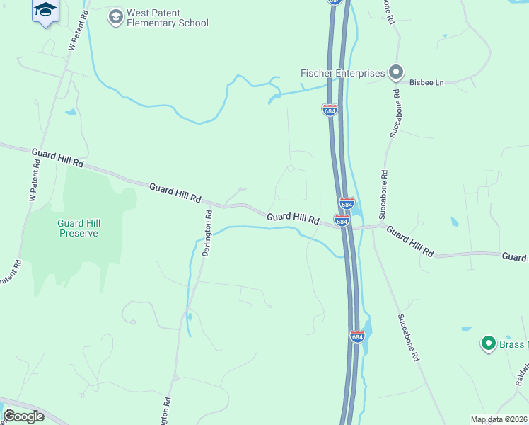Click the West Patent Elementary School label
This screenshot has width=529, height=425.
click(x=167, y=18)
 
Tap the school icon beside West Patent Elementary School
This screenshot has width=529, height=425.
click(x=115, y=16)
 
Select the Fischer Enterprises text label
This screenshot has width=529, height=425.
click(x=342, y=73)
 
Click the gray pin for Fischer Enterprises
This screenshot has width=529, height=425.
click(x=396, y=72)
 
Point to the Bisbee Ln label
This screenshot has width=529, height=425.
click(x=426, y=83)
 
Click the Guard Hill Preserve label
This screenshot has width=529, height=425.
click(x=78, y=228)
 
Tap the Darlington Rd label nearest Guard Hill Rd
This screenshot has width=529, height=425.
click(x=207, y=234)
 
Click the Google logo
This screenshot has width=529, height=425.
click(x=23, y=416)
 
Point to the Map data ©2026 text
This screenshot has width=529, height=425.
click(x=499, y=419)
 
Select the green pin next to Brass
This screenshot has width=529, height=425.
click(x=487, y=344)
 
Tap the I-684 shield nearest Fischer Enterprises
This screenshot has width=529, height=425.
click(x=330, y=110)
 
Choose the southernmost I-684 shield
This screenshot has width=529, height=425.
click(x=357, y=336)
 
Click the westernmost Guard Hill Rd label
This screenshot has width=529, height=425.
click(x=58, y=157)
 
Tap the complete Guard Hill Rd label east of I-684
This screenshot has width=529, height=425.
click(x=410, y=242)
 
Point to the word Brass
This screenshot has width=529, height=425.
click(x=513, y=344)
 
